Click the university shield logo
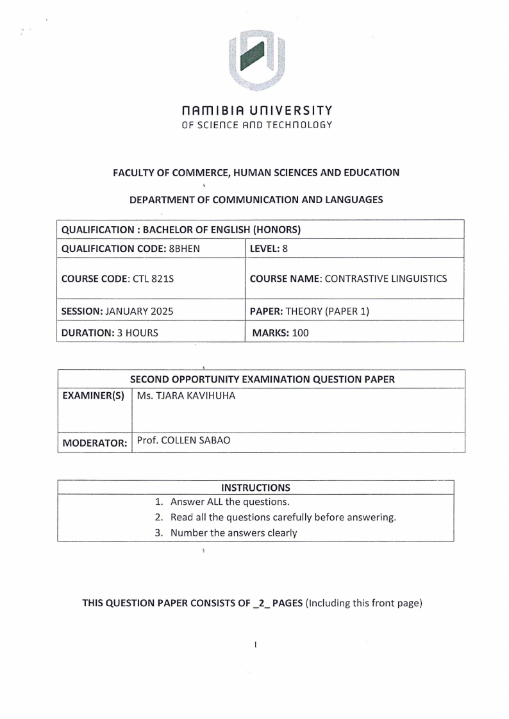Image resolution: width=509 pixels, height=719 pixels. point(256,60)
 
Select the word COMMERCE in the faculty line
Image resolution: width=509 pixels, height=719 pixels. point(183,172)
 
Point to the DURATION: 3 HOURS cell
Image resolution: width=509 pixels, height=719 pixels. point(108,333)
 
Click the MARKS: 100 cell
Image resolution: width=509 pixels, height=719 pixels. point(281,333)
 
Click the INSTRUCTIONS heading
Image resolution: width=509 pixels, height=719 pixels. point(255,488)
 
